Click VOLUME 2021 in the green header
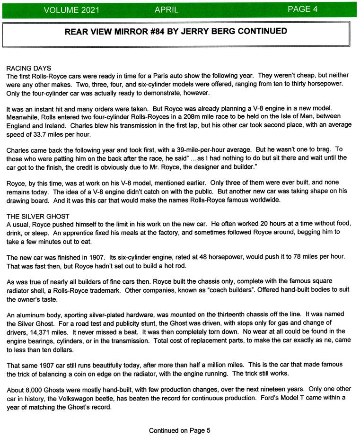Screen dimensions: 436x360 pyautogui.click(x=70, y=10)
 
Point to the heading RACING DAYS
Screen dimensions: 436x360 pyautogui.click(x=29, y=68)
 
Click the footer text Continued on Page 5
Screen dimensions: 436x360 pyautogui.click(x=179, y=417)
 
